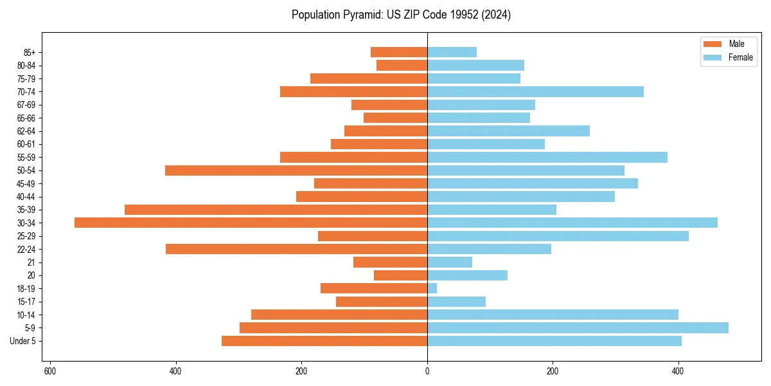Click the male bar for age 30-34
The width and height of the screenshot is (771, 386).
[x=251, y=223]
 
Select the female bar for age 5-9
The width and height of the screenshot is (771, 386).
[x=578, y=327]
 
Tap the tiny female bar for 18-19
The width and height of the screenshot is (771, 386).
[x=432, y=288]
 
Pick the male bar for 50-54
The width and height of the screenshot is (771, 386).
[x=296, y=170]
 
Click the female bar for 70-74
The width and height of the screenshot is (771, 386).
[x=535, y=91]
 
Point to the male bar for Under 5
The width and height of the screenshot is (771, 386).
[x=324, y=341]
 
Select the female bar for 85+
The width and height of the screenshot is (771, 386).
[x=452, y=52]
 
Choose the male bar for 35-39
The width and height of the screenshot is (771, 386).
[x=276, y=210]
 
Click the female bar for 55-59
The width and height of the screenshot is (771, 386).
[x=547, y=157]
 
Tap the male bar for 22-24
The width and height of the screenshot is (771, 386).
[x=296, y=249]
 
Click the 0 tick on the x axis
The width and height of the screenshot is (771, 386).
[x=427, y=371]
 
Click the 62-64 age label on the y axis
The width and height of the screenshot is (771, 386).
[x=26, y=131]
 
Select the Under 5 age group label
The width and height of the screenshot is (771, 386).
[x=22, y=341]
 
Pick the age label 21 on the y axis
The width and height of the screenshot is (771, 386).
[x=31, y=262]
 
